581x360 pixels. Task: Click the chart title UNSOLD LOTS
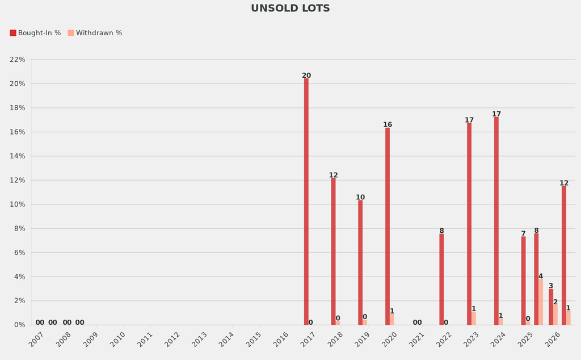[x=290, y=9]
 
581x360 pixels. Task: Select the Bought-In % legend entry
[x=35, y=33]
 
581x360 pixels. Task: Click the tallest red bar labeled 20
[x=306, y=202]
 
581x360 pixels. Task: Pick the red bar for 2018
[x=334, y=252]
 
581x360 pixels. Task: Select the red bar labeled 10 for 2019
[x=360, y=262]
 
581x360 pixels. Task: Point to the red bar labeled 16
[x=388, y=226]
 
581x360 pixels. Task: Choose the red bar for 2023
[x=469, y=224]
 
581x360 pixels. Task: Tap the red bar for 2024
[x=496, y=221]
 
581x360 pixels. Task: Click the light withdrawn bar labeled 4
[x=541, y=302]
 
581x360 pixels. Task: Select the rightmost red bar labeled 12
[x=564, y=256]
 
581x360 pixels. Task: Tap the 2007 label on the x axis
[x=36, y=340]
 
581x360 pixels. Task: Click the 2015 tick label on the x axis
[x=254, y=340]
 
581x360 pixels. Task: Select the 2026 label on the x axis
[x=553, y=340]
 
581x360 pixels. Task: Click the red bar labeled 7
[x=524, y=281]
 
